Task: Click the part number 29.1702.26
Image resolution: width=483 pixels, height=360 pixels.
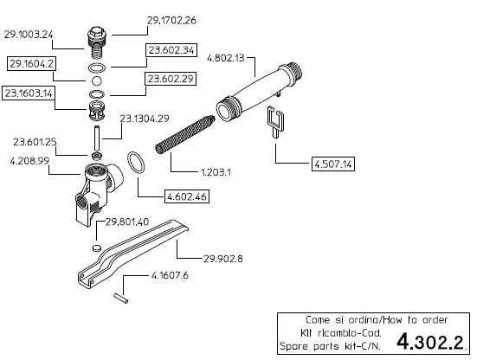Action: click(171, 20)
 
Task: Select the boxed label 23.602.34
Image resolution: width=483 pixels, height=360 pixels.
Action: click(171, 50)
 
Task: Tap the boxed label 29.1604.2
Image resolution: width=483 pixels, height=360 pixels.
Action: click(31, 64)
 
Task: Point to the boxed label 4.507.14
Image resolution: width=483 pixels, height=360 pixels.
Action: click(332, 164)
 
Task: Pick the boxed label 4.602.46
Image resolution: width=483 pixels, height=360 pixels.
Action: click(187, 196)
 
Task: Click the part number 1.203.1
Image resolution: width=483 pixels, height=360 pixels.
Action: click(216, 172)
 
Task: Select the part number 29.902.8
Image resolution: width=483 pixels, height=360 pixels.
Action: click(223, 259)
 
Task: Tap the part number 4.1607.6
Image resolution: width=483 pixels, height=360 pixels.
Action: click(170, 275)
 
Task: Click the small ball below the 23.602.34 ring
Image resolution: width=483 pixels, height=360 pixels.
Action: click(97, 81)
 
